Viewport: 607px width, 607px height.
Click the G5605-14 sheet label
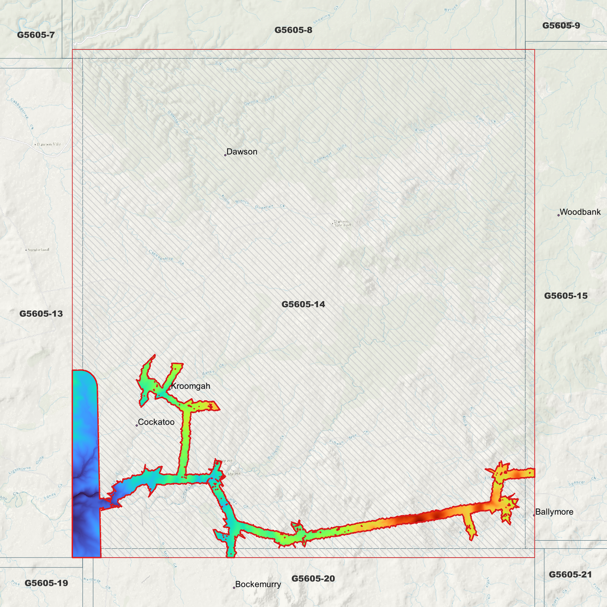(x=303, y=304)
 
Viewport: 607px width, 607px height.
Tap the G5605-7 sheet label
(x=36, y=34)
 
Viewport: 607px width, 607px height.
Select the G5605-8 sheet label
(x=293, y=30)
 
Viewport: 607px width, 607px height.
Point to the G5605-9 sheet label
(x=561, y=25)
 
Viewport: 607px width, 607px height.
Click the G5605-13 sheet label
(x=41, y=313)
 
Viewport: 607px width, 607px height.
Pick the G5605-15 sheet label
(x=565, y=296)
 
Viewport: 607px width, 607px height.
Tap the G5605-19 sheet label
(x=46, y=583)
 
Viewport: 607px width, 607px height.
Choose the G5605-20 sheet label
(x=313, y=578)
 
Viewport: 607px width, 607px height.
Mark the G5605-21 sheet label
(x=570, y=574)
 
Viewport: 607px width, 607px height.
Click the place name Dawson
(x=242, y=152)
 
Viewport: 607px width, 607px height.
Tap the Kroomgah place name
(x=190, y=386)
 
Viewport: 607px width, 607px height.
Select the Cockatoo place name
(x=156, y=422)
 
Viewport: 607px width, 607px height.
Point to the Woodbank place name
(x=580, y=212)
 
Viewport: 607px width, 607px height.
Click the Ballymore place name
(x=554, y=512)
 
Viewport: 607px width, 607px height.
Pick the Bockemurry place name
(x=258, y=584)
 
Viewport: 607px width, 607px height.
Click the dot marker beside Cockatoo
(x=137, y=426)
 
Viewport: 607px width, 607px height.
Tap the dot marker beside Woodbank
(x=559, y=215)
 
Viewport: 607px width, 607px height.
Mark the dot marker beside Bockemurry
(x=234, y=587)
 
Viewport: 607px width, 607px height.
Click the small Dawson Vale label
(x=49, y=145)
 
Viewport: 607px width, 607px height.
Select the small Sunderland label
(x=38, y=250)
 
